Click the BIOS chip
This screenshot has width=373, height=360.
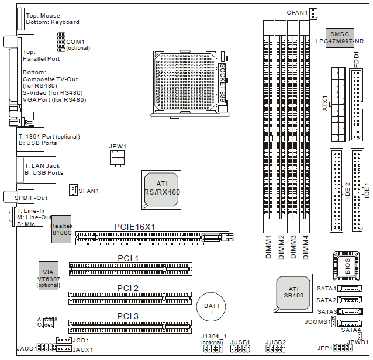coord(345,264)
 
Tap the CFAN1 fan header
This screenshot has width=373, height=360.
coord(314,13)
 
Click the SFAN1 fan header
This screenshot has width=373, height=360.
coord(73,190)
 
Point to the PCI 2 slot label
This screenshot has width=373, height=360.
coord(127,288)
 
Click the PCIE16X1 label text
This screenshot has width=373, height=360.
coord(134,227)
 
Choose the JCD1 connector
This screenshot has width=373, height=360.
coord(63,340)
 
